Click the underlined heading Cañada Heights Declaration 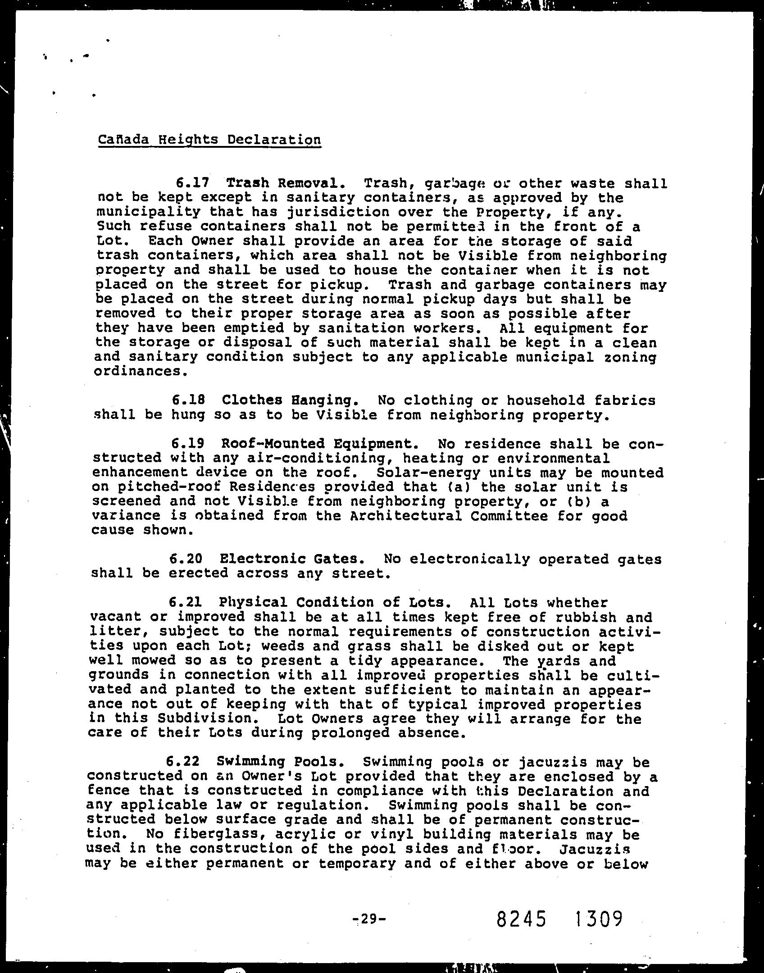(209, 140)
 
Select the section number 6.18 (189, 400)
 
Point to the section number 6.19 (188, 444)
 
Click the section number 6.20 (186, 559)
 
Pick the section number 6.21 (185, 602)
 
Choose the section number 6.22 (183, 762)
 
